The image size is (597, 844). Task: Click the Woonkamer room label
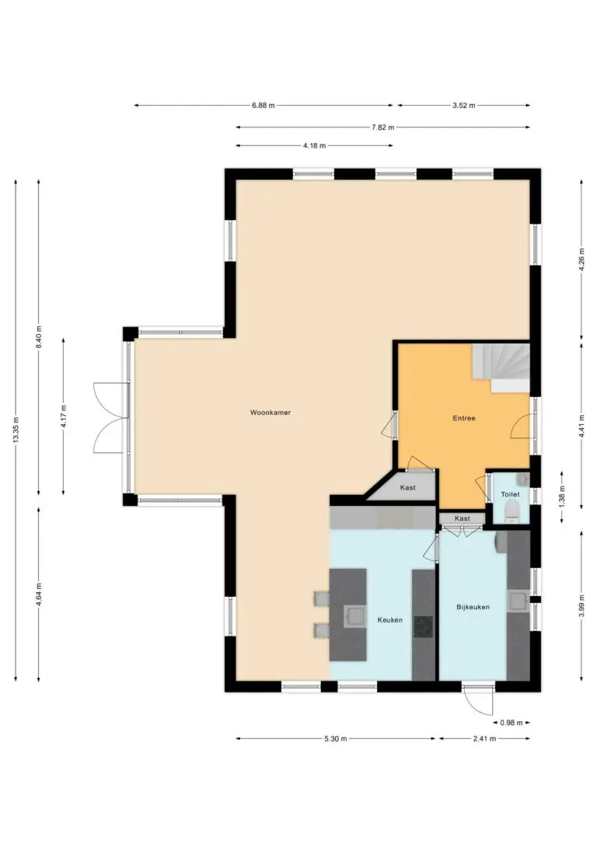point(271,413)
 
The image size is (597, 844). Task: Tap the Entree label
point(464,417)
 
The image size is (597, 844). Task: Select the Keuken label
point(389,619)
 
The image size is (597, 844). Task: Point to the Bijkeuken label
point(473,607)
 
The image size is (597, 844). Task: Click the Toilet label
point(511,494)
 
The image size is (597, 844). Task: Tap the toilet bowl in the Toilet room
point(511,511)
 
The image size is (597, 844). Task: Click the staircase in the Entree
point(501,368)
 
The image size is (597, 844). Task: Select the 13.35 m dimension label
point(16,431)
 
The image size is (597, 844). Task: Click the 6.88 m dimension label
point(264,106)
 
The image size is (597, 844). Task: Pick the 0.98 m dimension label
point(511,722)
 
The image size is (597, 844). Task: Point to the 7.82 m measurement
point(382,127)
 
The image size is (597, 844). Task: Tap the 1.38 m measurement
point(562,497)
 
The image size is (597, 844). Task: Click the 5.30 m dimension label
point(335,738)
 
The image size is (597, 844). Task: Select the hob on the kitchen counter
point(423,627)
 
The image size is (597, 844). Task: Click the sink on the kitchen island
point(354,616)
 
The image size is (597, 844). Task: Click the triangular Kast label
point(407,487)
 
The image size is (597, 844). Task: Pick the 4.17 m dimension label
point(64,416)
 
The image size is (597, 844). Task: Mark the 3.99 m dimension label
point(581,606)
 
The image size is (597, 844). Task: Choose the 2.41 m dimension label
point(484,738)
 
